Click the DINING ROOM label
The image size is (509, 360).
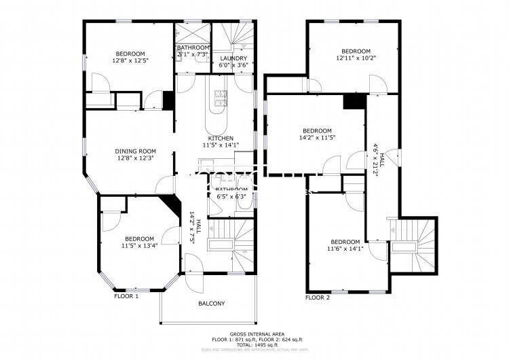135,151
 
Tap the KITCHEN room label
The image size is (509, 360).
221,138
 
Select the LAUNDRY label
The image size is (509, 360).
233,59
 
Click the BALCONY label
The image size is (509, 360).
211,304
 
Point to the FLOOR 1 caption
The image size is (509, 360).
126,297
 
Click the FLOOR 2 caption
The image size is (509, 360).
317,298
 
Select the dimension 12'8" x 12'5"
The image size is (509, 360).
131,60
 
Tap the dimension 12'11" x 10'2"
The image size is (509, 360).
356,58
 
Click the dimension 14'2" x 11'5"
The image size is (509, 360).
317,138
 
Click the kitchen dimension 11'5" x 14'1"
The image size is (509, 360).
221,145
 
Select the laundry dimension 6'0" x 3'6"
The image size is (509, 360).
233,66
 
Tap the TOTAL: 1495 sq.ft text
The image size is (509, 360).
256,346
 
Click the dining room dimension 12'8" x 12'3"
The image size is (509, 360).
135,158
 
